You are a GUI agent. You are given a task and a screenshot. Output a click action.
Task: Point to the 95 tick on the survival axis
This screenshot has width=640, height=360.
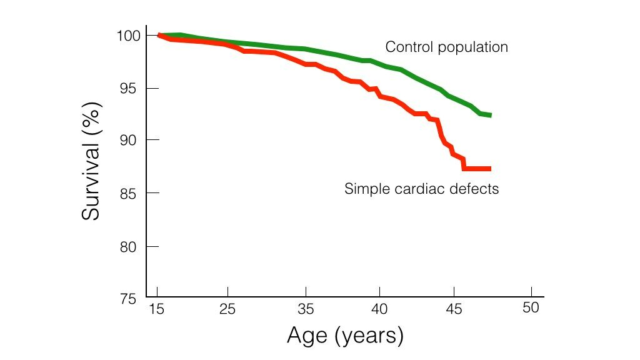tap(130, 88)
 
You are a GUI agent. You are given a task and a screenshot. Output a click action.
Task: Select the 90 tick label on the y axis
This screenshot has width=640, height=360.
tap(130, 139)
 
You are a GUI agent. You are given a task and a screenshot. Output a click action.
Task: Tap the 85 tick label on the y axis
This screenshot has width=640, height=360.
tap(130, 193)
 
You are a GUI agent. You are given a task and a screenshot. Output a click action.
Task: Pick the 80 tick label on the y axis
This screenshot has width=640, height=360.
tap(130, 246)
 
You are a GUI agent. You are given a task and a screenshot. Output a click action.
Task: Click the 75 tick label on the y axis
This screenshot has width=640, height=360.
tap(130, 298)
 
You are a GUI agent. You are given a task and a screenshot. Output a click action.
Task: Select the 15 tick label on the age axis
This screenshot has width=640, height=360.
tap(157, 309)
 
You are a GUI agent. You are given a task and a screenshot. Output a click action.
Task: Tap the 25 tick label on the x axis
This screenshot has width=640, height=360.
tap(228, 309)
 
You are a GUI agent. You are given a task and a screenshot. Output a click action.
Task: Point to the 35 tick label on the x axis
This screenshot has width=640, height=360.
tap(305, 309)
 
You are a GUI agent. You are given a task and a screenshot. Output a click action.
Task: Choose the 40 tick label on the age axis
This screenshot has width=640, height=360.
tap(380, 309)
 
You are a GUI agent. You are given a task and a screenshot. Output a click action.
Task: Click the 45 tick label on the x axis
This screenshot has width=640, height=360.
tap(455, 309)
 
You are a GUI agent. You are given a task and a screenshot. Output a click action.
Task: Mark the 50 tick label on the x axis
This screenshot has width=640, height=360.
tap(531, 308)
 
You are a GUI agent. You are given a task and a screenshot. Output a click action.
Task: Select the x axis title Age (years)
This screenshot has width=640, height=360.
tap(345, 336)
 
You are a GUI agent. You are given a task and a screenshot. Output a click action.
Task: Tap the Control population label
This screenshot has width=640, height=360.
tap(446, 47)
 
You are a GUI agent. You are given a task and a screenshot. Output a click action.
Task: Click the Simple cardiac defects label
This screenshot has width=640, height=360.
tap(421, 188)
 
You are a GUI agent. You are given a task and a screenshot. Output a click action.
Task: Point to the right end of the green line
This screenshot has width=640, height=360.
tap(490, 115)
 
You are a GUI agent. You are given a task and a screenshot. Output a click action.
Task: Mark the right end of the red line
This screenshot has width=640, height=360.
tap(490, 169)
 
